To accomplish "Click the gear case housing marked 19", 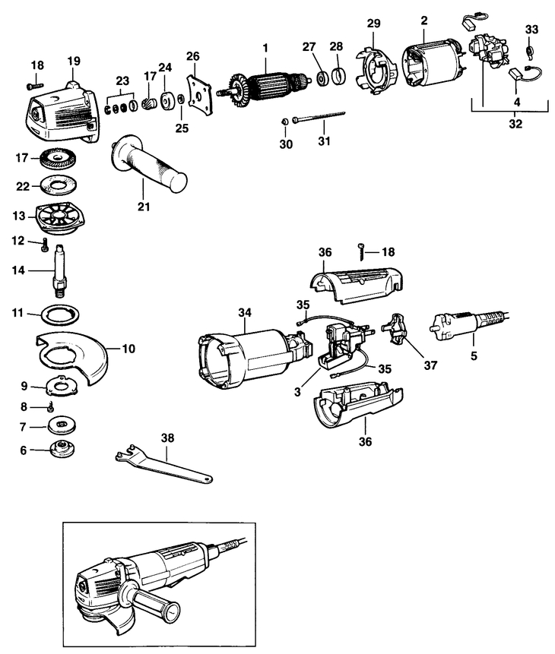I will point(65,112).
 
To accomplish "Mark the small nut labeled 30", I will point(284,121).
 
